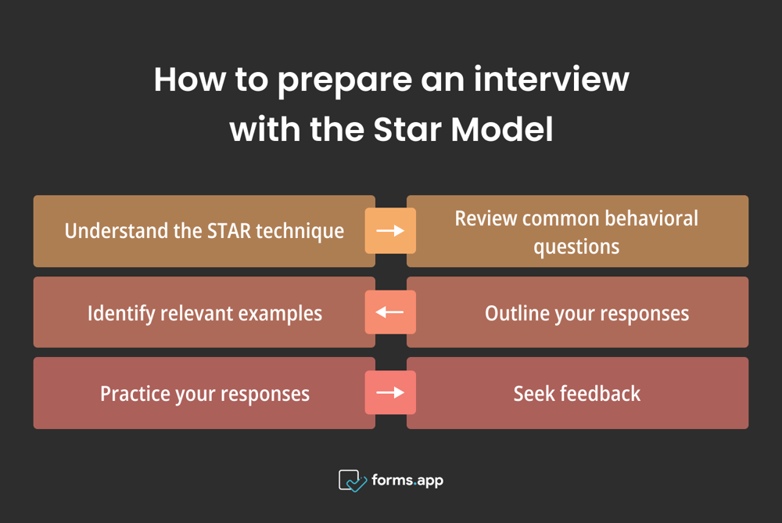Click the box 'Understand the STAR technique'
204,231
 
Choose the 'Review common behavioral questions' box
577,231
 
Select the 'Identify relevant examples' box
204,312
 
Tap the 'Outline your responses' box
577,312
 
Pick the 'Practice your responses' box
204,393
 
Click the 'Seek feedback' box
577,393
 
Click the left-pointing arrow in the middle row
390,312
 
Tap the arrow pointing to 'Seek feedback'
390,393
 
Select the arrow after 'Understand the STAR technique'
390,231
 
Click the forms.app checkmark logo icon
352,481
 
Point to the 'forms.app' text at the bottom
407,480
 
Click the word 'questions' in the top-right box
576,247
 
